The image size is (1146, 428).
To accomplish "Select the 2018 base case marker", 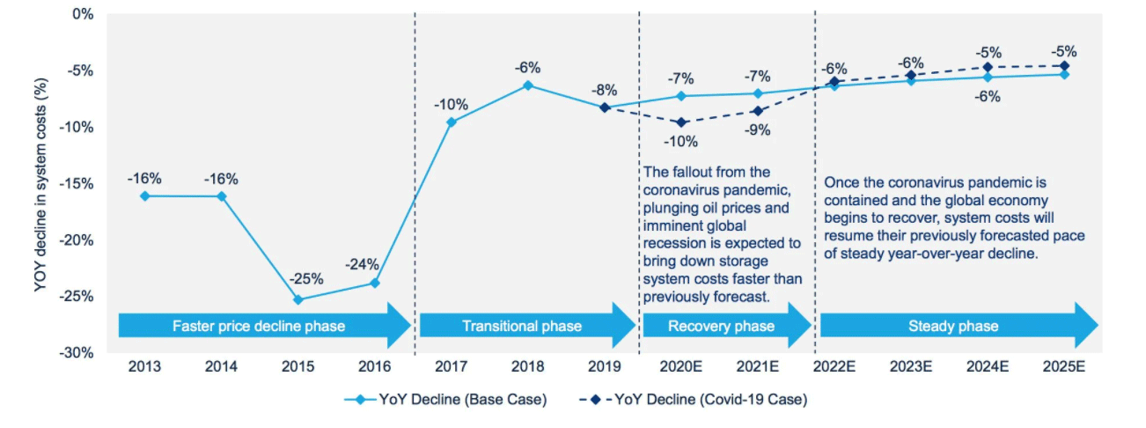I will (x=528, y=85).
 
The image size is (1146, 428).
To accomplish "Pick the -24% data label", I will (x=362, y=263).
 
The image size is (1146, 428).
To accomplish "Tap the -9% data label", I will (x=757, y=130).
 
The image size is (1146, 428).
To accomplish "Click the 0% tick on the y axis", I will (x=83, y=14).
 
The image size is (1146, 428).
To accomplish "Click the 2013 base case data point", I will (x=144, y=196).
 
